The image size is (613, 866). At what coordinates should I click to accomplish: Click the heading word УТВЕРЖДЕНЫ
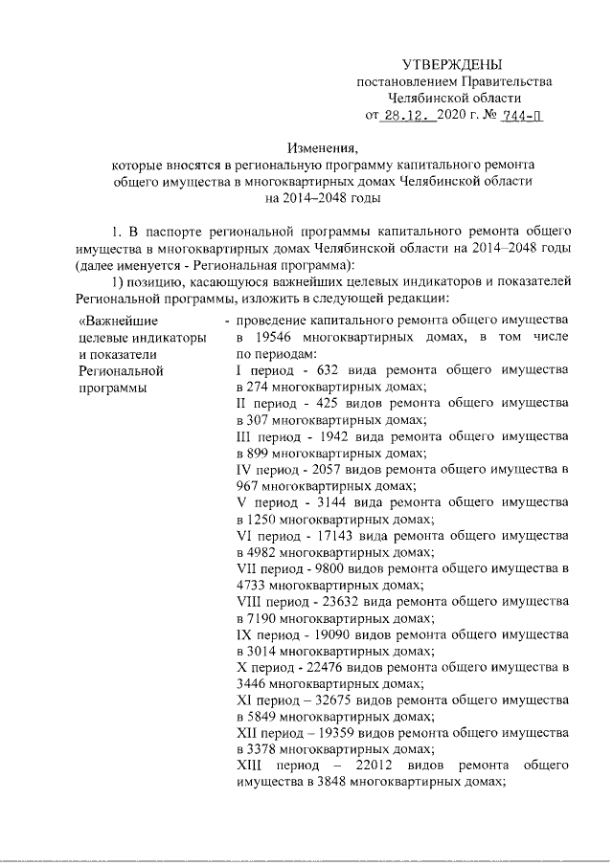coord(452,64)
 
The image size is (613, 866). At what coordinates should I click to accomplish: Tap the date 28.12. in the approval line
coord(408,116)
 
